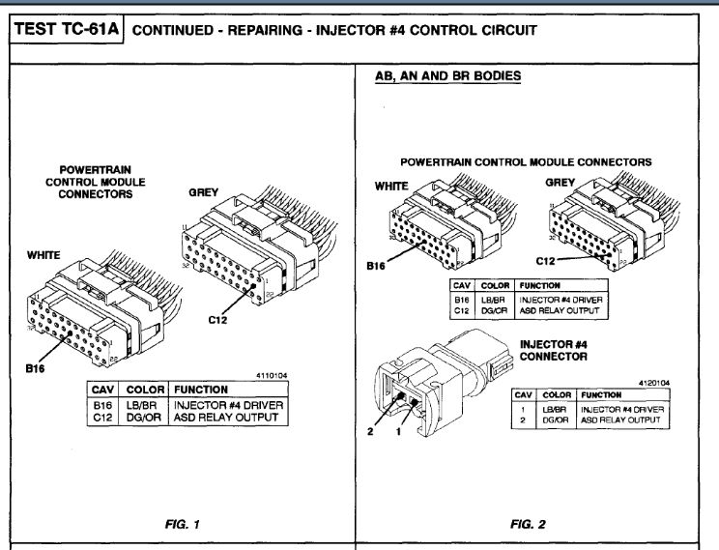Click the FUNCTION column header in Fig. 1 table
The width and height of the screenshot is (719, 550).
[x=201, y=388]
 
